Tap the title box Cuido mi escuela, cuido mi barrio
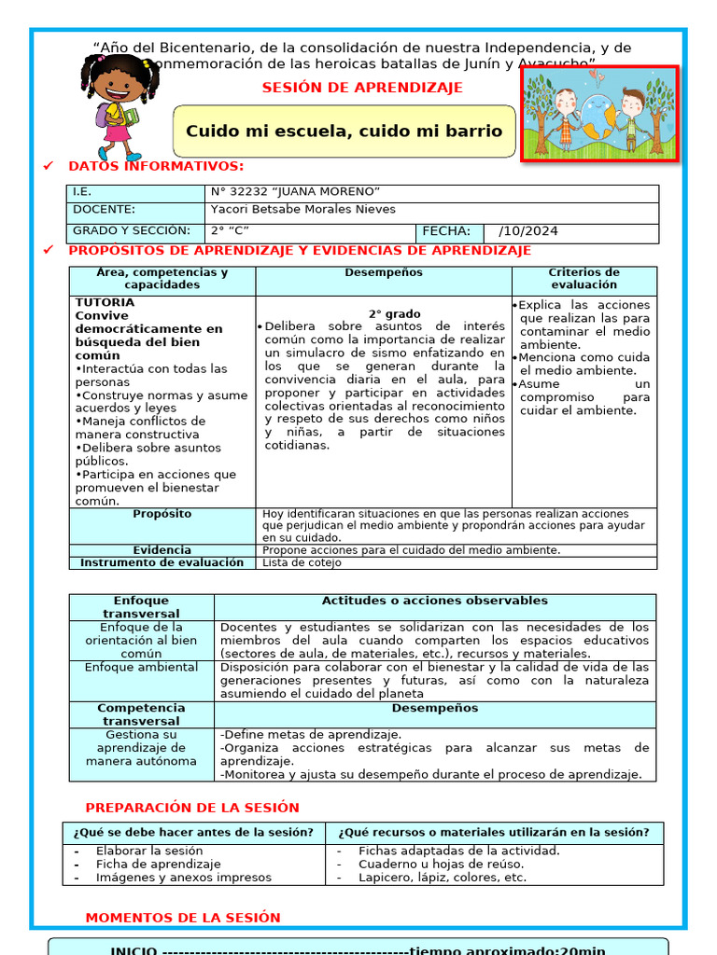coord(344,131)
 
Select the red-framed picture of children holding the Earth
coord(598,113)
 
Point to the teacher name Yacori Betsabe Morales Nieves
coord(302,210)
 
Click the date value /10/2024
coord(528,232)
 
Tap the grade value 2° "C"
coord(230,231)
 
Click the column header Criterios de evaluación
coord(583,279)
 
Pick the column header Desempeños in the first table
coord(383,273)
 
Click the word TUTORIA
coord(105,303)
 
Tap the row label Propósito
coord(162,514)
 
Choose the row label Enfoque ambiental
coord(141,668)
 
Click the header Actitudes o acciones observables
coord(434,602)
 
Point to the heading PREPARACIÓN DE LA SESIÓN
coord(192,808)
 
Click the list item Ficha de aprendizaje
coord(158,865)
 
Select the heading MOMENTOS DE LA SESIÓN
coord(182,918)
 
